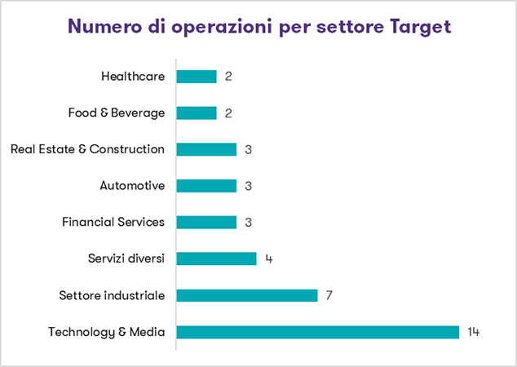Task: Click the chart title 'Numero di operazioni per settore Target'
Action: point(259,26)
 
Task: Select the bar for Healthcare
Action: point(197,77)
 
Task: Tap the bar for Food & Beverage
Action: point(197,113)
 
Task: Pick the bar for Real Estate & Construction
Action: point(206,149)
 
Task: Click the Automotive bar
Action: point(206,186)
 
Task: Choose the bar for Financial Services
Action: point(206,223)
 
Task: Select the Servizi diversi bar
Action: point(216,259)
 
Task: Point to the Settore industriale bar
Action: point(246,295)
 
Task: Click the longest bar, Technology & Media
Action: point(318,332)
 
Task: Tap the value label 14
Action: point(474,332)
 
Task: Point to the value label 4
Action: point(269,259)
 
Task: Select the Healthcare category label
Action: point(133,77)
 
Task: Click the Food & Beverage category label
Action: point(117,113)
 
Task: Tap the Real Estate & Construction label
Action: point(87,149)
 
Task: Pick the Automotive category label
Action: point(132,186)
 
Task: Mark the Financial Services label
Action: point(113,223)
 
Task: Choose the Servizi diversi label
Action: point(126,259)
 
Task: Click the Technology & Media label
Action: point(107,332)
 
